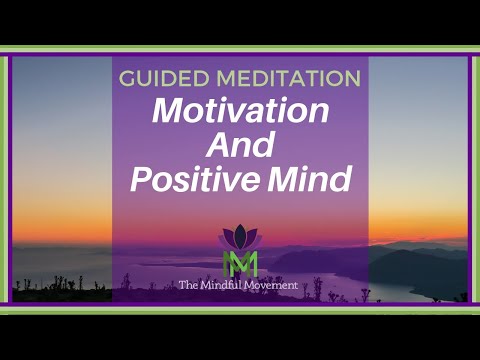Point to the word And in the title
point(239,146)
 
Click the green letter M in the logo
point(239,263)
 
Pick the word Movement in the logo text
point(276,286)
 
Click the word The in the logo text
point(192,286)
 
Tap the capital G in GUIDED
point(127,78)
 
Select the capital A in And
point(217,146)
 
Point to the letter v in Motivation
point(243,112)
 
